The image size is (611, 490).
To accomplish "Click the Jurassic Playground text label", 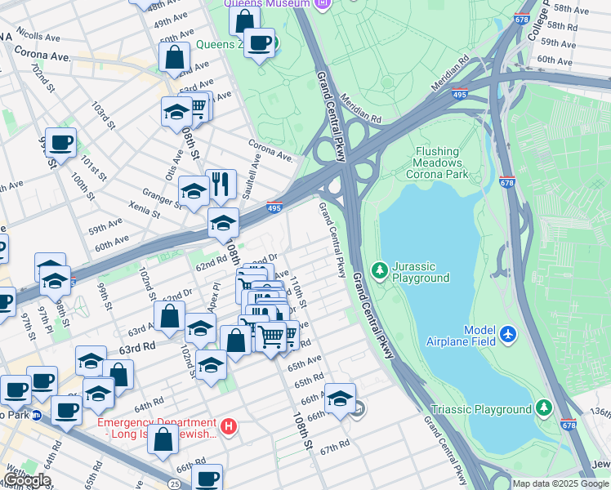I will click(420, 272).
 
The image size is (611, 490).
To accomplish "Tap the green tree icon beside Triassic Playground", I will click(543, 408).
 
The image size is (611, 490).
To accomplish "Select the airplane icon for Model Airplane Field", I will click(508, 333).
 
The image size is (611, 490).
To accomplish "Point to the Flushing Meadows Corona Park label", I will click(453, 163).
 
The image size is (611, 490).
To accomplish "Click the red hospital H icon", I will click(230, 425).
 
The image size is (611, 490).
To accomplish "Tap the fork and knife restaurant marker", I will click(220, 184).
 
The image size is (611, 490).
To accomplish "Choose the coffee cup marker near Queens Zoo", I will click(260, 42).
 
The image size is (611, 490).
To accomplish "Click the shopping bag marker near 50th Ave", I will click(175, 57).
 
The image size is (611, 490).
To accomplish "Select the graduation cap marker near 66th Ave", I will click(340, 398).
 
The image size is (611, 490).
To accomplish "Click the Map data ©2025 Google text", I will click(560, 483).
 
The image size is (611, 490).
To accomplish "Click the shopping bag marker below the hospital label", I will click(163, 440).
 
